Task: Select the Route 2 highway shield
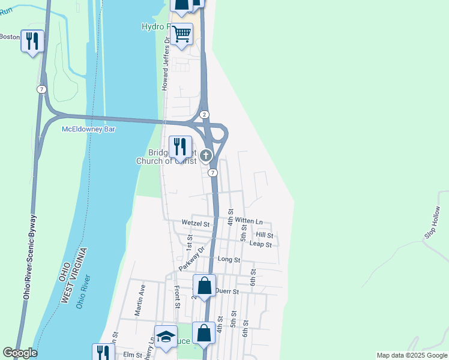click(205, 114)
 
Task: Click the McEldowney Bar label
click(88, 129)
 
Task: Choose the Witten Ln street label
click(249, 221)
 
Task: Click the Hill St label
click(264, 235)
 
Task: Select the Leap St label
click(261, 244)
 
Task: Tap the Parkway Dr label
click(192, 259)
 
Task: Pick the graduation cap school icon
click(166, 337)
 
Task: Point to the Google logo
click(20, 353)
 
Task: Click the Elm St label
click(131, 355)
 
